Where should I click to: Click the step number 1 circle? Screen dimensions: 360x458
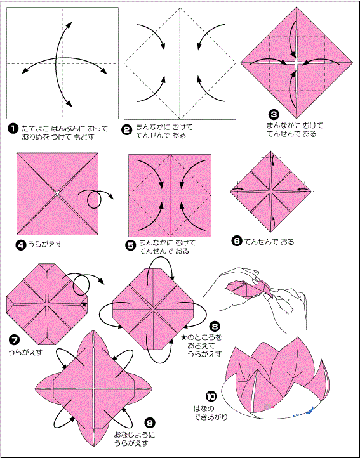(13, 129)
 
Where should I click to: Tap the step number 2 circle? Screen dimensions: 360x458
(126, 129)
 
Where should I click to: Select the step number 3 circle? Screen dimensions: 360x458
(274, 114)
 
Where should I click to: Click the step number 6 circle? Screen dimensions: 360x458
(237, 241)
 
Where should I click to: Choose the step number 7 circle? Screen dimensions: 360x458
(15, 340)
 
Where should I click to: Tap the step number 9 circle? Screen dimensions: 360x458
(149, 422)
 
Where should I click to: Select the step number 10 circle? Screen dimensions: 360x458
(211, 397)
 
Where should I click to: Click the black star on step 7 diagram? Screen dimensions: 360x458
(84, 304)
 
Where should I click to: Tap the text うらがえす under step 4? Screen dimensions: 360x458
(44, 244)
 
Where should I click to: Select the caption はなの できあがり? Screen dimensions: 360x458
(210, 413)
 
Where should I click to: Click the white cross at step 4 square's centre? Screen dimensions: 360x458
(57, 193)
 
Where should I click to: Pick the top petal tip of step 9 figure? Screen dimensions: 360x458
(93, 330)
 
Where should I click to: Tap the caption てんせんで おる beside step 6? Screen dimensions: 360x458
(269, 242)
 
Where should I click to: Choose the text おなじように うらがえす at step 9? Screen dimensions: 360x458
(135, 439)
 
